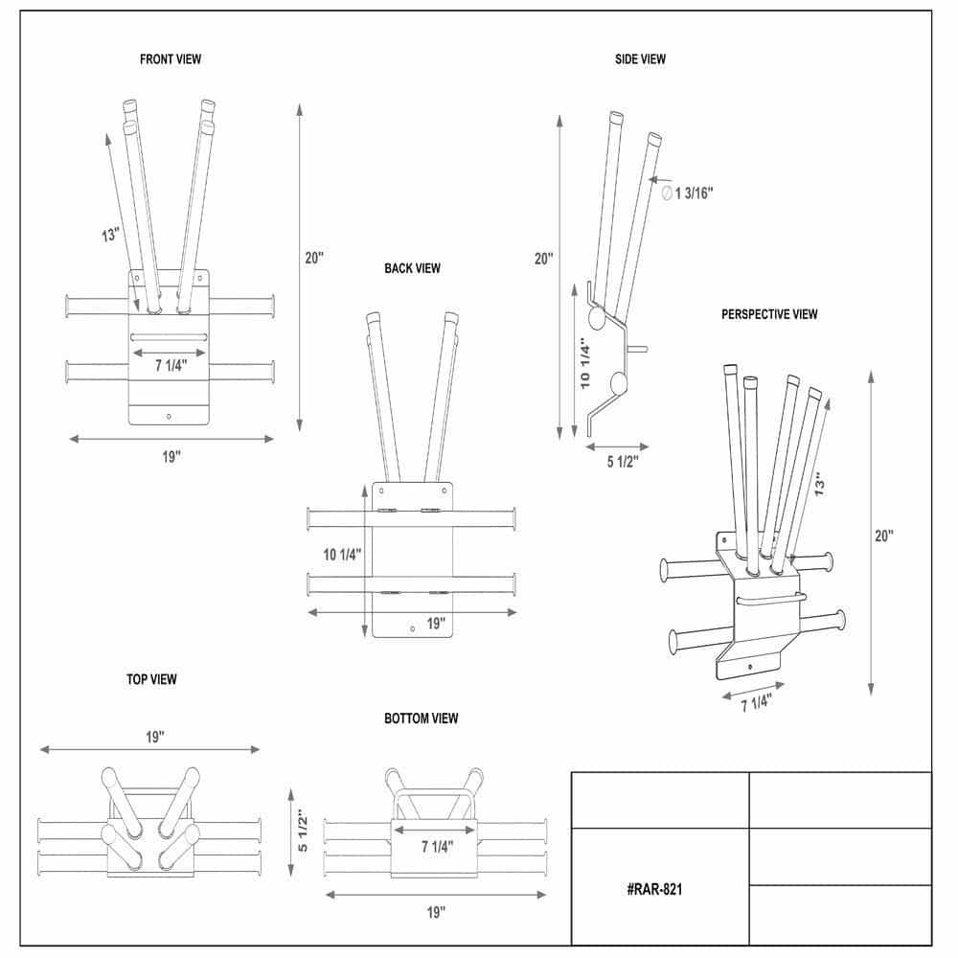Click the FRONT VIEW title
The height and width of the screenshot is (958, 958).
tap(171, 59)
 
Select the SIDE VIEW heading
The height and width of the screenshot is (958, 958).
tap(640, 59)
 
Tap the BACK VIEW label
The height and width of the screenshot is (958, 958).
tap(412, 268)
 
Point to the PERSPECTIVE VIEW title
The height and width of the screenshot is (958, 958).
tap(769, 314)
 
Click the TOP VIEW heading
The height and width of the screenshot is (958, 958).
tap(151, 679)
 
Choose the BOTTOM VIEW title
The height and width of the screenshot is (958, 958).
tap(421, 718)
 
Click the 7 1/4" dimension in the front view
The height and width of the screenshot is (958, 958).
tap(169, 365)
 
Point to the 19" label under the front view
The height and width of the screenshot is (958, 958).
tap(171, 457)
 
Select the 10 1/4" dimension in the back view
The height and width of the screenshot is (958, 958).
tap(341, 555)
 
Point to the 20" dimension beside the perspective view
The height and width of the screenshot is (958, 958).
tap(883, 536)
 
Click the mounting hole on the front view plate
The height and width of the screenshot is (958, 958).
tap(169, 416)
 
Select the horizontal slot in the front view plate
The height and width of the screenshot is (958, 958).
tap(169, 335)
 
